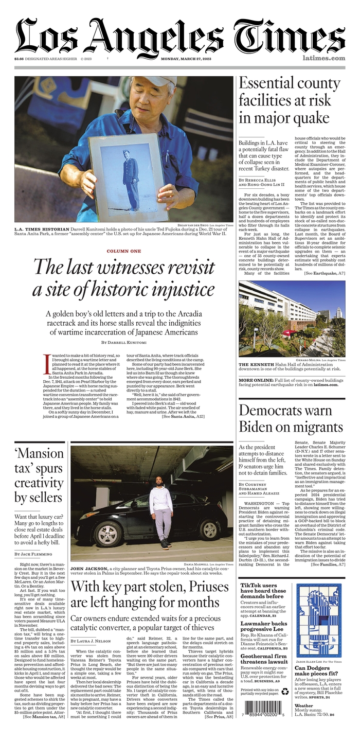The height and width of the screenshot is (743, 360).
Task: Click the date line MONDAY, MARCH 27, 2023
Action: pyautogui.click(x=190, y=59)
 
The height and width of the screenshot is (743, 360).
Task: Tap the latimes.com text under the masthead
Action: pyautogui.click(x=323, y=58)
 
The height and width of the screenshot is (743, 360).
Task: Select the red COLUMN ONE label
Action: pyautogui.click(x=123, y=251)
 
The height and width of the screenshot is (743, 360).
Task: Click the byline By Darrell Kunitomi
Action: pyautogui.click(x=123, y=342)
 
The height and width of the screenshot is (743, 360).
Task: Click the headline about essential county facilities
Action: pyautogui.click(x=290, y=101)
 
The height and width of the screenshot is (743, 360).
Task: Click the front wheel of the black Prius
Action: pyautogui.click(x=210, y=528)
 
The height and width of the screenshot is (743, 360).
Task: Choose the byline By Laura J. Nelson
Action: pyautogui.click(x=90, y=641)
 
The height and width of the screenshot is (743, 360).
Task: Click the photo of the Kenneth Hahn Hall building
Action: pyautogui.click(x=292, y=319)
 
